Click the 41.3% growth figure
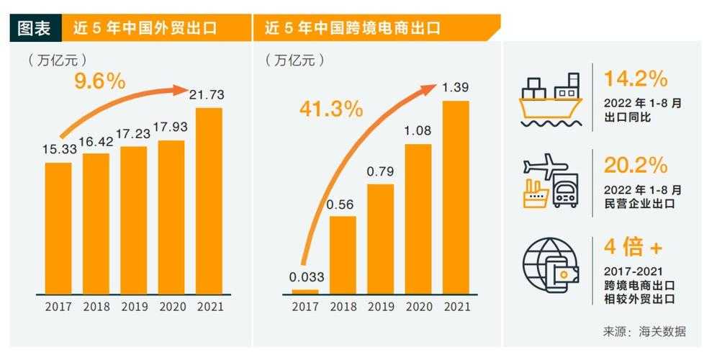[331, 109]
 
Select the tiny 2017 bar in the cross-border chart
[305, 291]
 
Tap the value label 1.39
[456, 88]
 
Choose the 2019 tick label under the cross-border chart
[381, 307]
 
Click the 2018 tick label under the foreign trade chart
[96, 307]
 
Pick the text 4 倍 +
[633, 249]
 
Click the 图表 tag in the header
[35, 29]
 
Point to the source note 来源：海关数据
[644, 332]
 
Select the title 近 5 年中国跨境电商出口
[353, 29]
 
